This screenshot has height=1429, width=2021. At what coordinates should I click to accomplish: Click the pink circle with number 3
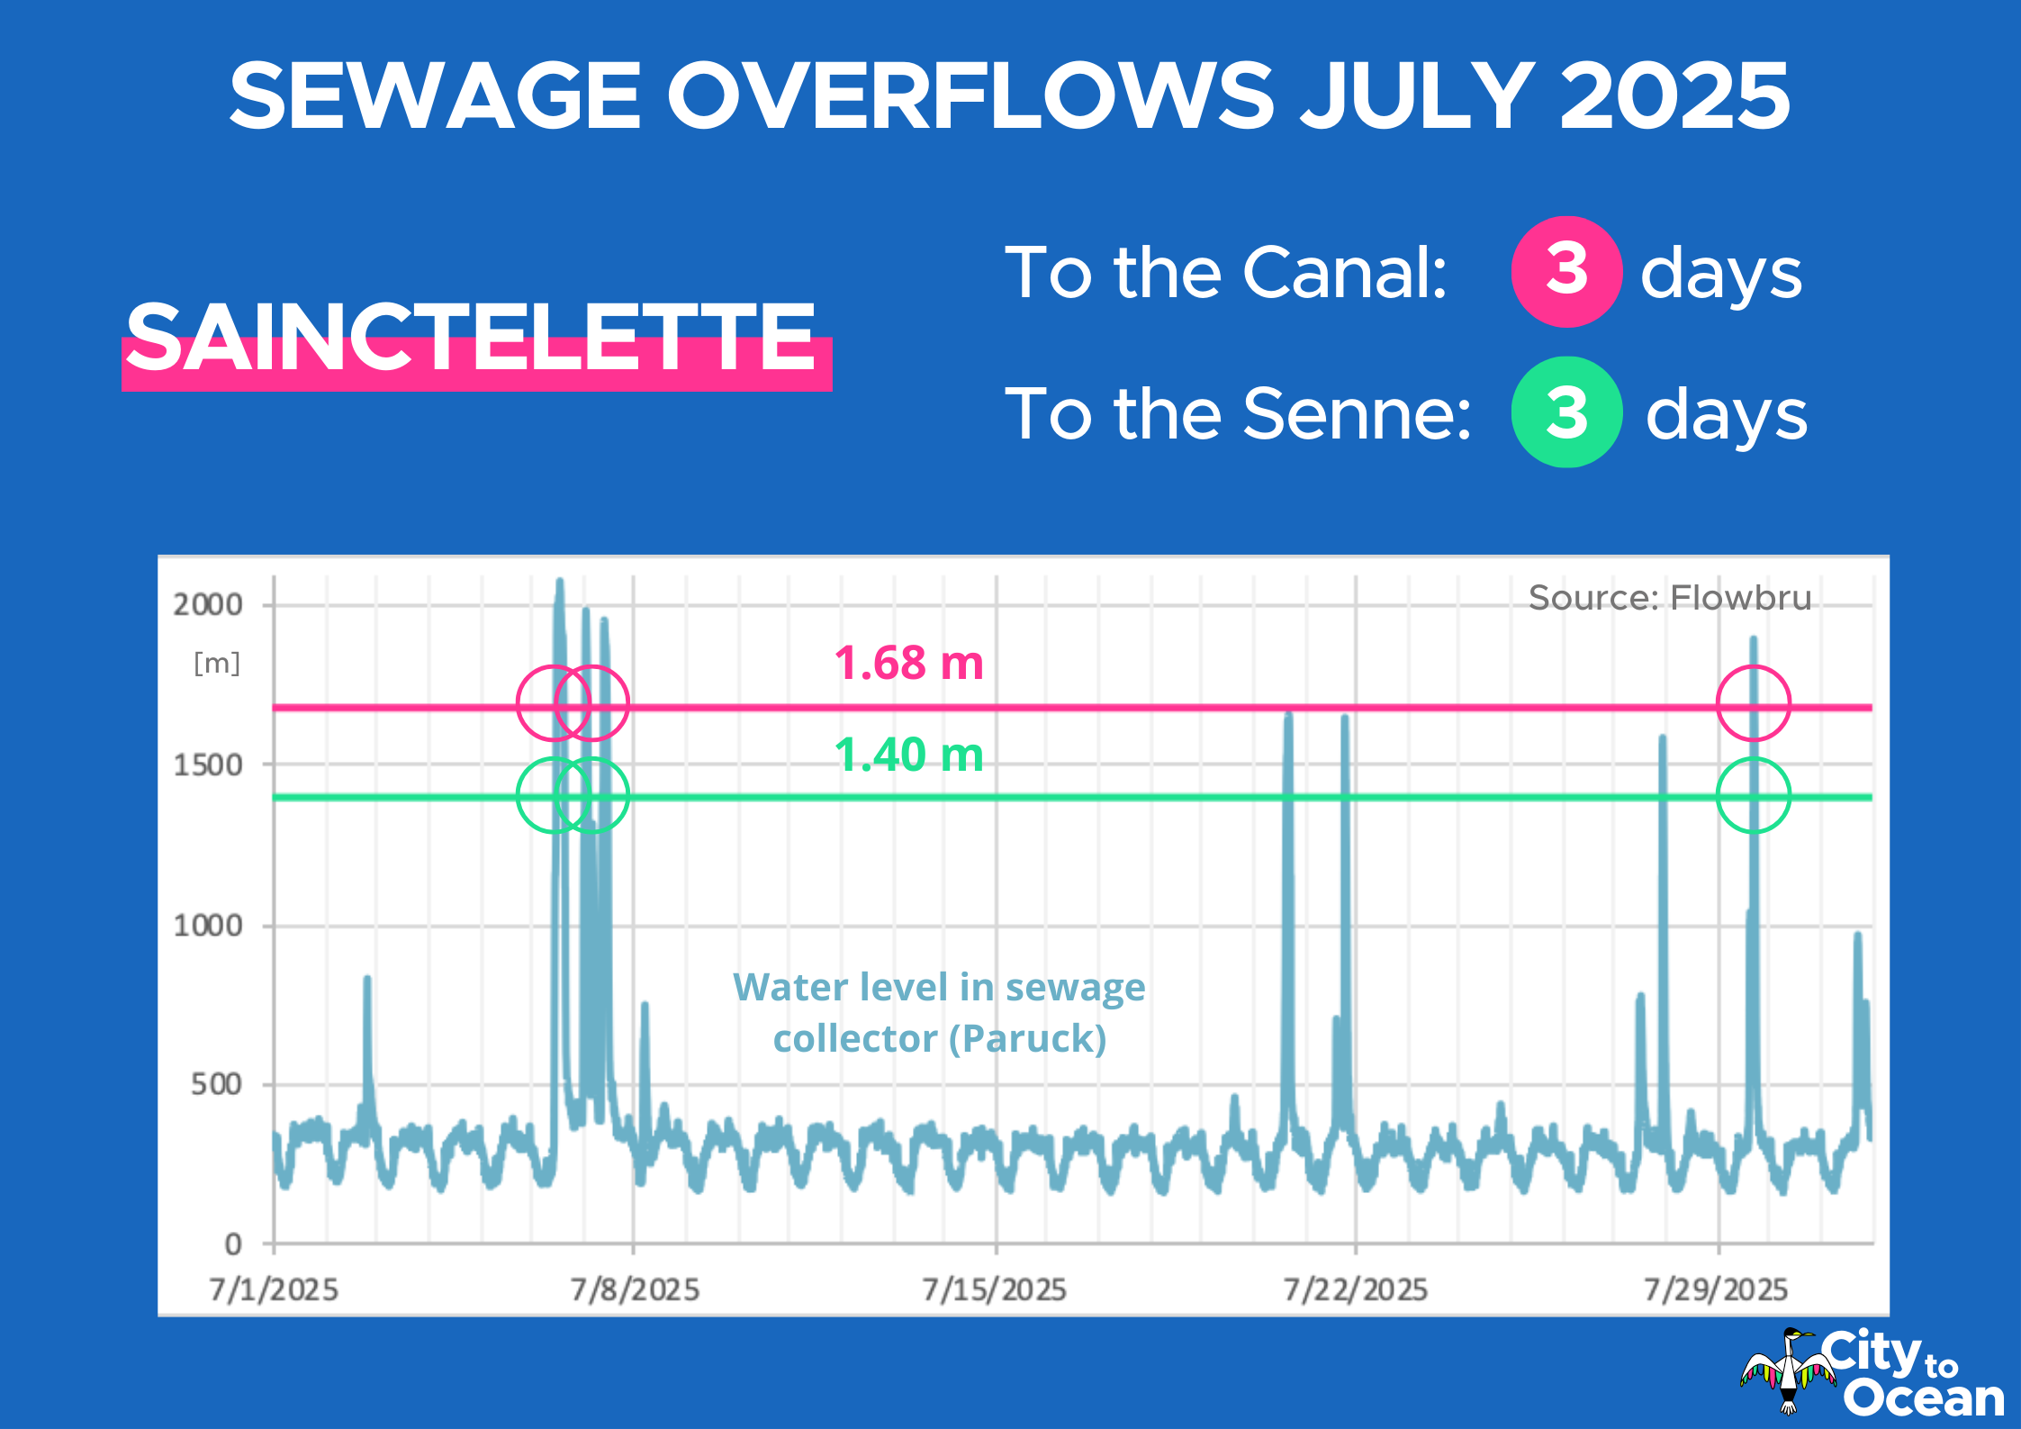tap(1566, 271)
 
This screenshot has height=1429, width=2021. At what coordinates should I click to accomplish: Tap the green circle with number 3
tap(1566, 412)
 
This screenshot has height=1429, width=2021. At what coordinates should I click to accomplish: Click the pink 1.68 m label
tap(908, 663)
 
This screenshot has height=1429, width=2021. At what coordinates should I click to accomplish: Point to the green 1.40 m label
tap(908, 755)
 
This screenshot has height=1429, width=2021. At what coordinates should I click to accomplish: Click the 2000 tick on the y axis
tap(208, 604)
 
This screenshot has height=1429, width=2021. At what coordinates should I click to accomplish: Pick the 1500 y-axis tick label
tap(208, 765)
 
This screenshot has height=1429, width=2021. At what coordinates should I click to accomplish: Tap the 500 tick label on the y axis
tap(216, 1084)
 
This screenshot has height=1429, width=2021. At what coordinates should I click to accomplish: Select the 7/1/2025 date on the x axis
tap(274, 1289)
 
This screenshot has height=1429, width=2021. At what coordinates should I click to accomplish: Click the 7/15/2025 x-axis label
tap(995, 1289)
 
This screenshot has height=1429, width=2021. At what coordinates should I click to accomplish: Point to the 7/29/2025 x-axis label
tap(1716, 1289)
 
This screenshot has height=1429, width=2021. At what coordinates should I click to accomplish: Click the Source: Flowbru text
tap(1670, 598)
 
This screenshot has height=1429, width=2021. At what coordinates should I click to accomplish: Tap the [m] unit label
tap(217, 664)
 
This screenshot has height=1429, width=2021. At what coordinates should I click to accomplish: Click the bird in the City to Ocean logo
tap(1788, 1372)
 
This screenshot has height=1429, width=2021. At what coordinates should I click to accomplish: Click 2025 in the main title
tap(1674, 95)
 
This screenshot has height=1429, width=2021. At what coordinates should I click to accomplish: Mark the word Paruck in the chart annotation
tap(1029, 1038)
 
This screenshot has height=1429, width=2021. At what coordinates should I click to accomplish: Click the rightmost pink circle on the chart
tap(1753, 703)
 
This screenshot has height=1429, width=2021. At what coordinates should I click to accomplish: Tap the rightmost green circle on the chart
tap(1753, 795)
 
